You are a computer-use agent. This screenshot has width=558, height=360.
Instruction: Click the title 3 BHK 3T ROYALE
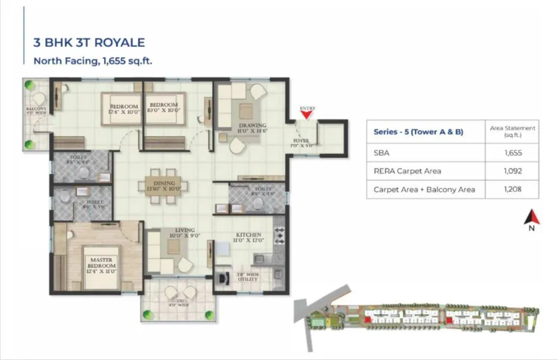click(x=89, y=43)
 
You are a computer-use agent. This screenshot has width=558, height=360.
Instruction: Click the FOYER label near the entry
click(x=301, y=142)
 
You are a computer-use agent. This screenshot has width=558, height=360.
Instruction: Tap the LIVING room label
click(x=176, y=233)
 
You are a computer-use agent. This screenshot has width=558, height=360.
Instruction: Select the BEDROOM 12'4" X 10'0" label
click(x=124, y=109)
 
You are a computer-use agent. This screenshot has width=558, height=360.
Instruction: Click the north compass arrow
click(x=531, y=218)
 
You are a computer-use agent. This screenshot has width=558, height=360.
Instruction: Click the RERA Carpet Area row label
click(x=407, y=171)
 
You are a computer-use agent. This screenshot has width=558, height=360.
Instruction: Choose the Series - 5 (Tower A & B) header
click(x=418, y=132)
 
